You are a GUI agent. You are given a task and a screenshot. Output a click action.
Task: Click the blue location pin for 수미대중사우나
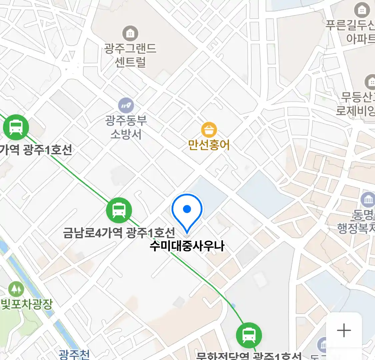(187, 210)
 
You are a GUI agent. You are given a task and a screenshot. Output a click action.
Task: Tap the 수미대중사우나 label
(187, 246)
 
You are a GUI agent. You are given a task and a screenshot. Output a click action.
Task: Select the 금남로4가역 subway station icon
(119, 210)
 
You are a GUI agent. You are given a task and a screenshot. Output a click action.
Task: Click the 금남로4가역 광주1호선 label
(119, 232)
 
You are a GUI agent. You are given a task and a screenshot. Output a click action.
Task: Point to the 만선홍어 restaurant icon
(209, 130)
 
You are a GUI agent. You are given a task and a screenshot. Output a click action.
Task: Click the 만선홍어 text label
(209, 145)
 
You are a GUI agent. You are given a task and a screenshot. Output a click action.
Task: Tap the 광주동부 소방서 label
(126, 127)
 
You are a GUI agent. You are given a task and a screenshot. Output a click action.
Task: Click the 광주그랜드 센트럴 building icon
(130, 34)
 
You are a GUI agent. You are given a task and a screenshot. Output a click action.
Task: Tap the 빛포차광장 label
(27, 304)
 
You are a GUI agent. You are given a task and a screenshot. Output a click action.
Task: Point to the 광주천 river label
(74, 354)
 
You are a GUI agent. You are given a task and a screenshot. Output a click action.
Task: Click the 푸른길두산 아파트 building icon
(362, 10)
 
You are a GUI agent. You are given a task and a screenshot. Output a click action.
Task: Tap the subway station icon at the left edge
(16, 127)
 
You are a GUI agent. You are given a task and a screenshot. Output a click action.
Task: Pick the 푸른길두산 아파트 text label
(351, 32)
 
